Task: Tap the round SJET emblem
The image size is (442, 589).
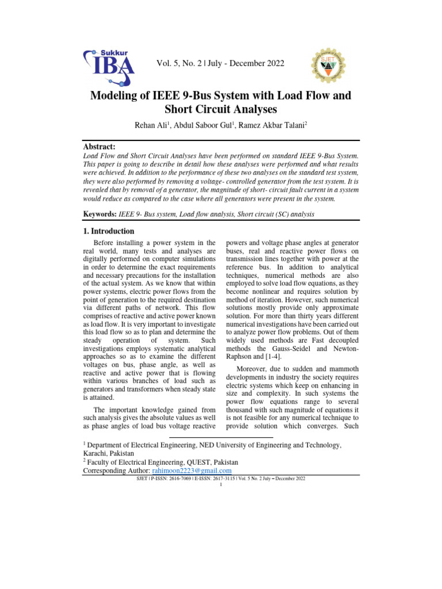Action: pos(329,64)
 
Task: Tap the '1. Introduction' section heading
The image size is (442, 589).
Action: pos(115,231)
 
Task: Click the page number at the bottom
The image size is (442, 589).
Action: pos(221,484)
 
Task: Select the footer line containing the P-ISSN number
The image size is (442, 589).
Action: pos(221,478)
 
